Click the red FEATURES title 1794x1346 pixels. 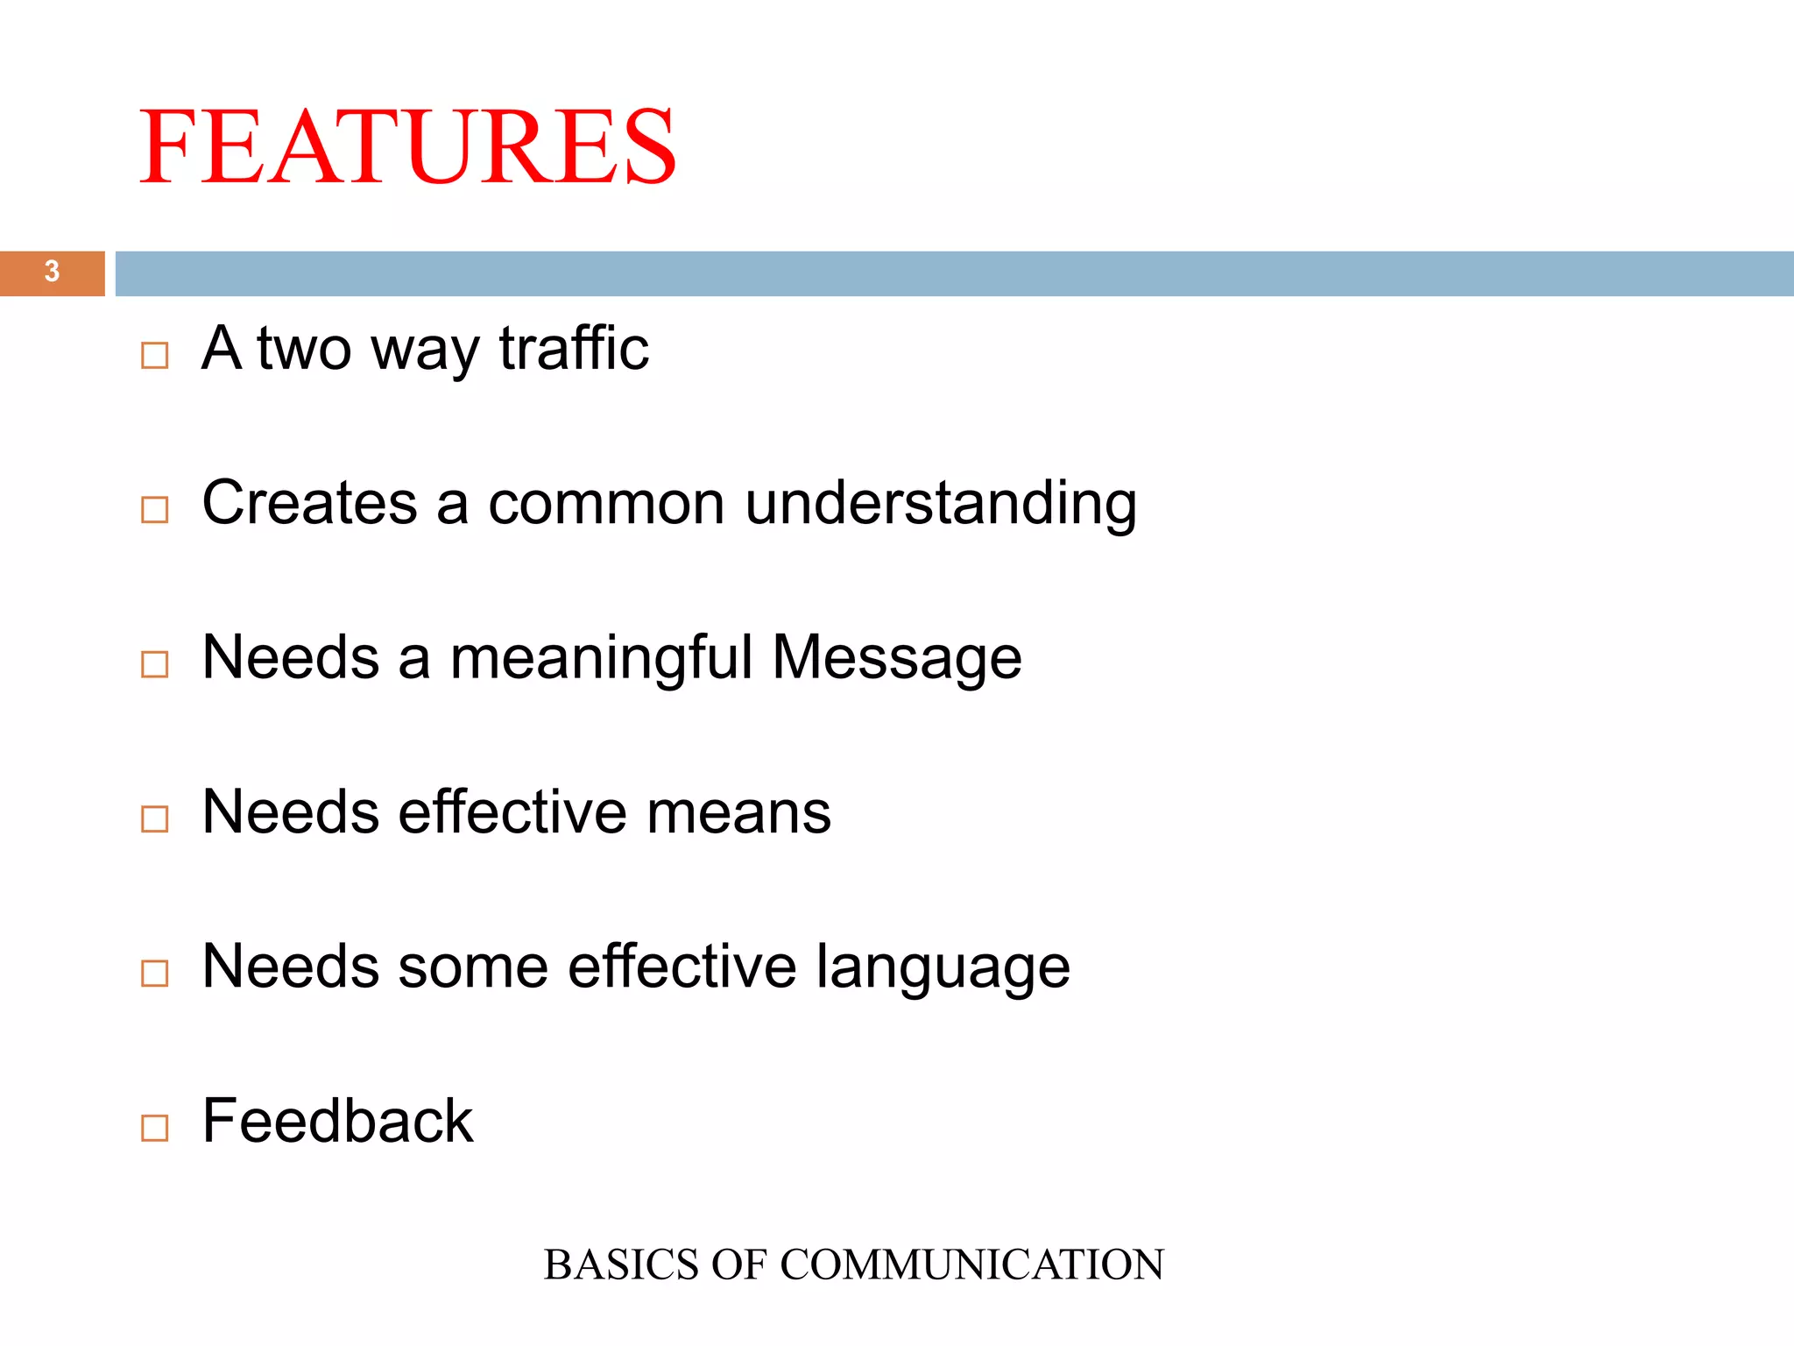click(408, 146)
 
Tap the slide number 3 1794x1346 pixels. click(52, 272)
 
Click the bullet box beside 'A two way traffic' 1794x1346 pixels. click(154, 355)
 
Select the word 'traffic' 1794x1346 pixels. click(574, 349)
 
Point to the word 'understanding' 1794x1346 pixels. click(941, 505)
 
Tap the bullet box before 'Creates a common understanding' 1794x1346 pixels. click(154, 509)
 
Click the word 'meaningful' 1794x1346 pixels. click(601, 657)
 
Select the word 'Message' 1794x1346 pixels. click(897, 657)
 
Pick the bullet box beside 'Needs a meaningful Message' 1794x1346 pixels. click(154, 664)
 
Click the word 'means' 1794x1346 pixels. click(738, 812)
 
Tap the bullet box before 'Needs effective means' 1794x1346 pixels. click(154, 818)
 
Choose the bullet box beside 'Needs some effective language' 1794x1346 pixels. click(154, 973)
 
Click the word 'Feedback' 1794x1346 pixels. click(337, 1121)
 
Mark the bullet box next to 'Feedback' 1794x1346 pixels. click(154, 1128)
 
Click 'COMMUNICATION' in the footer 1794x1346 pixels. click(971, 1265)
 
